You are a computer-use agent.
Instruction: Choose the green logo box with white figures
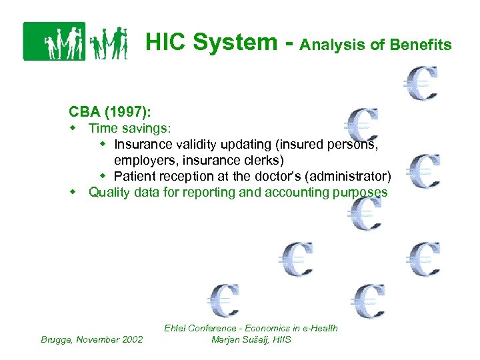point(54,41)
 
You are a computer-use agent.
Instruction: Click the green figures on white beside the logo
point(108,43)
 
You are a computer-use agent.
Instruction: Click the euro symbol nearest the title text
point(421,83)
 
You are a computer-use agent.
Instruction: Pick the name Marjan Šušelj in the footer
point(240,339)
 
